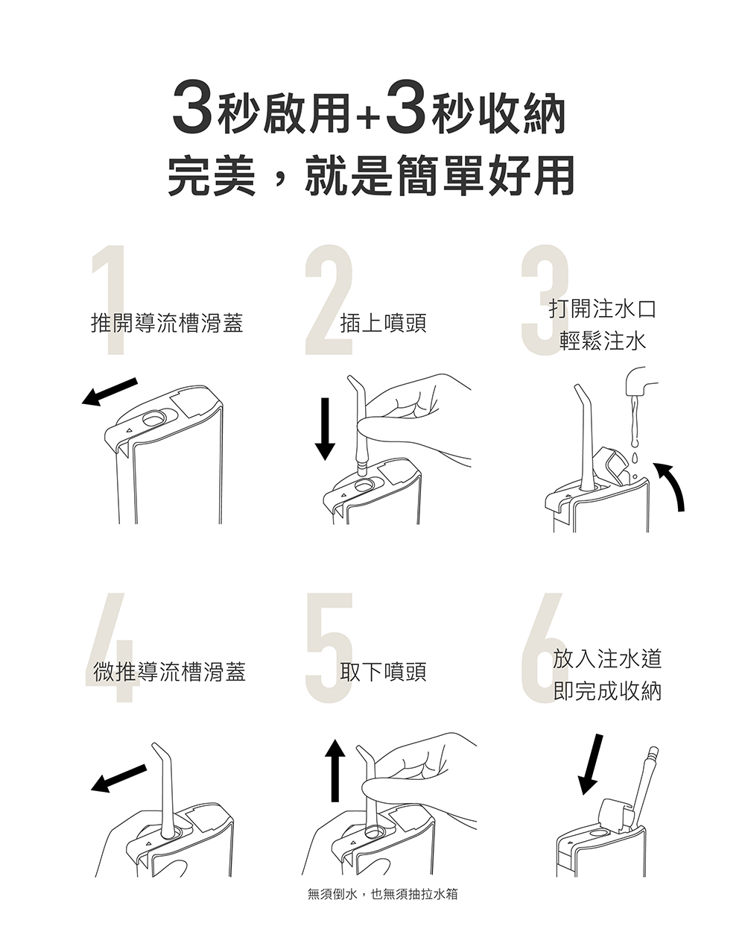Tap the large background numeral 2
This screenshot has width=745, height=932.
(x=329, y=300)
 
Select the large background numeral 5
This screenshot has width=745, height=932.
(x=330, y=648)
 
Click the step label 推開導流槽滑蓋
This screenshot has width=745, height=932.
(x=167, y=323)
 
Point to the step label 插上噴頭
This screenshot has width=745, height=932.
(x=384, y=323)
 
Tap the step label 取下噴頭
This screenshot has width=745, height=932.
(x=384, y=671)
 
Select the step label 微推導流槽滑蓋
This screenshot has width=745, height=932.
(x=169, y=671)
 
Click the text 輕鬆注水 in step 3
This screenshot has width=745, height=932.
(x=603, y=341)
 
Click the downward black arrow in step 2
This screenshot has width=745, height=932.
(x=325, y=429)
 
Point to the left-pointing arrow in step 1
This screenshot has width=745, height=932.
(x=109, y=392)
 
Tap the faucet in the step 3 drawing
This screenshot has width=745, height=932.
(x=641, y=382)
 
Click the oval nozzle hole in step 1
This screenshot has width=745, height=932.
(x=154, y=418)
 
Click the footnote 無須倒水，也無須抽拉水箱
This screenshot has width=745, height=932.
(x=383, y=894)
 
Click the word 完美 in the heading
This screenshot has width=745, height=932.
(x=212, y=175)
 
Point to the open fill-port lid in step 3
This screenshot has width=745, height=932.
(x=610, y=465)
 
